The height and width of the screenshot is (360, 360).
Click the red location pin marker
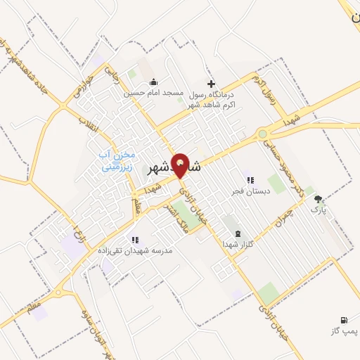click(181, 165)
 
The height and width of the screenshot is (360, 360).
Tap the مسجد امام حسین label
click(154, 93)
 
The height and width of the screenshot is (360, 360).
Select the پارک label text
click(320, 209)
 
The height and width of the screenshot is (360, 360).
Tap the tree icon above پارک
click(319, 199)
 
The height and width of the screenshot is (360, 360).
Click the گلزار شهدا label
click(233, 243)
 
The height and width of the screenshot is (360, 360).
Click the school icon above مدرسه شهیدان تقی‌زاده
click(134, 240)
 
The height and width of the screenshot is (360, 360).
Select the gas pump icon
click(344, 319)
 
